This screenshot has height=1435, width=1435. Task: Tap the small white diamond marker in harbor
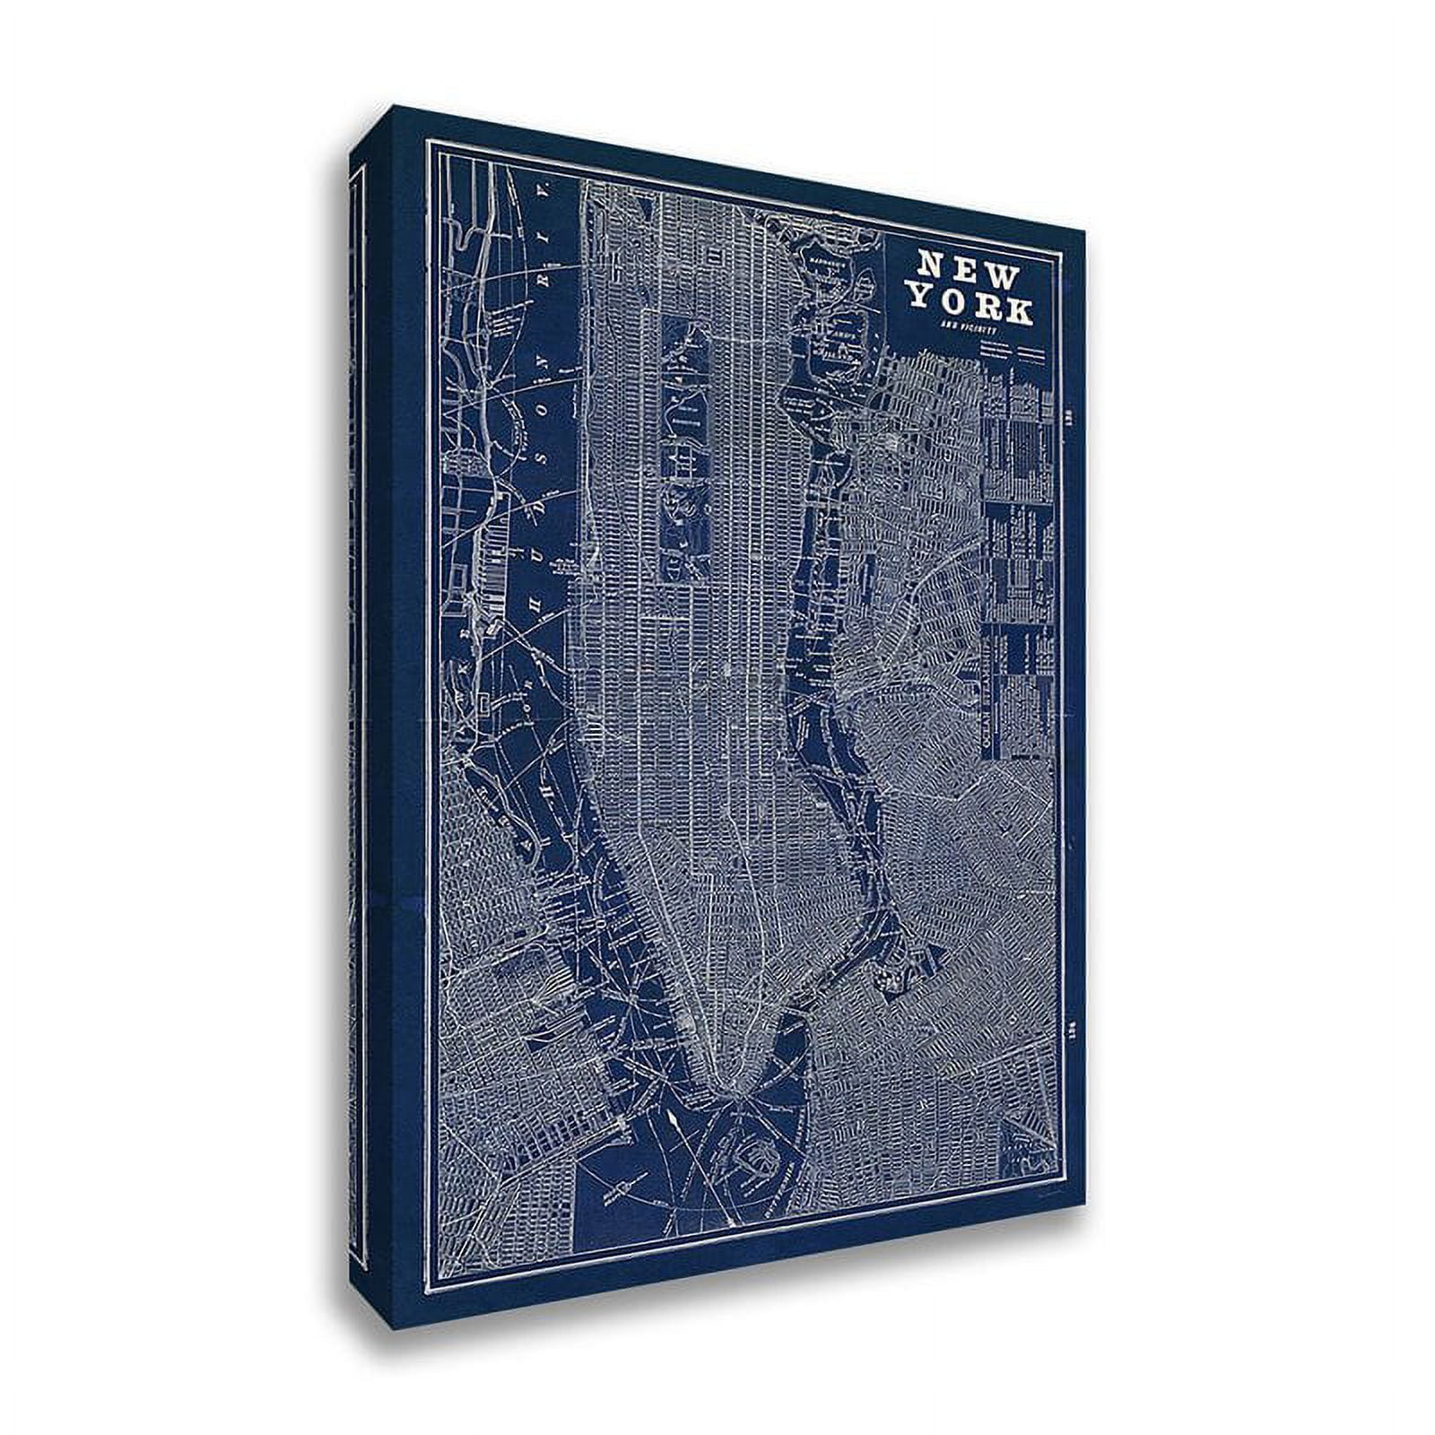point(671,1121)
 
